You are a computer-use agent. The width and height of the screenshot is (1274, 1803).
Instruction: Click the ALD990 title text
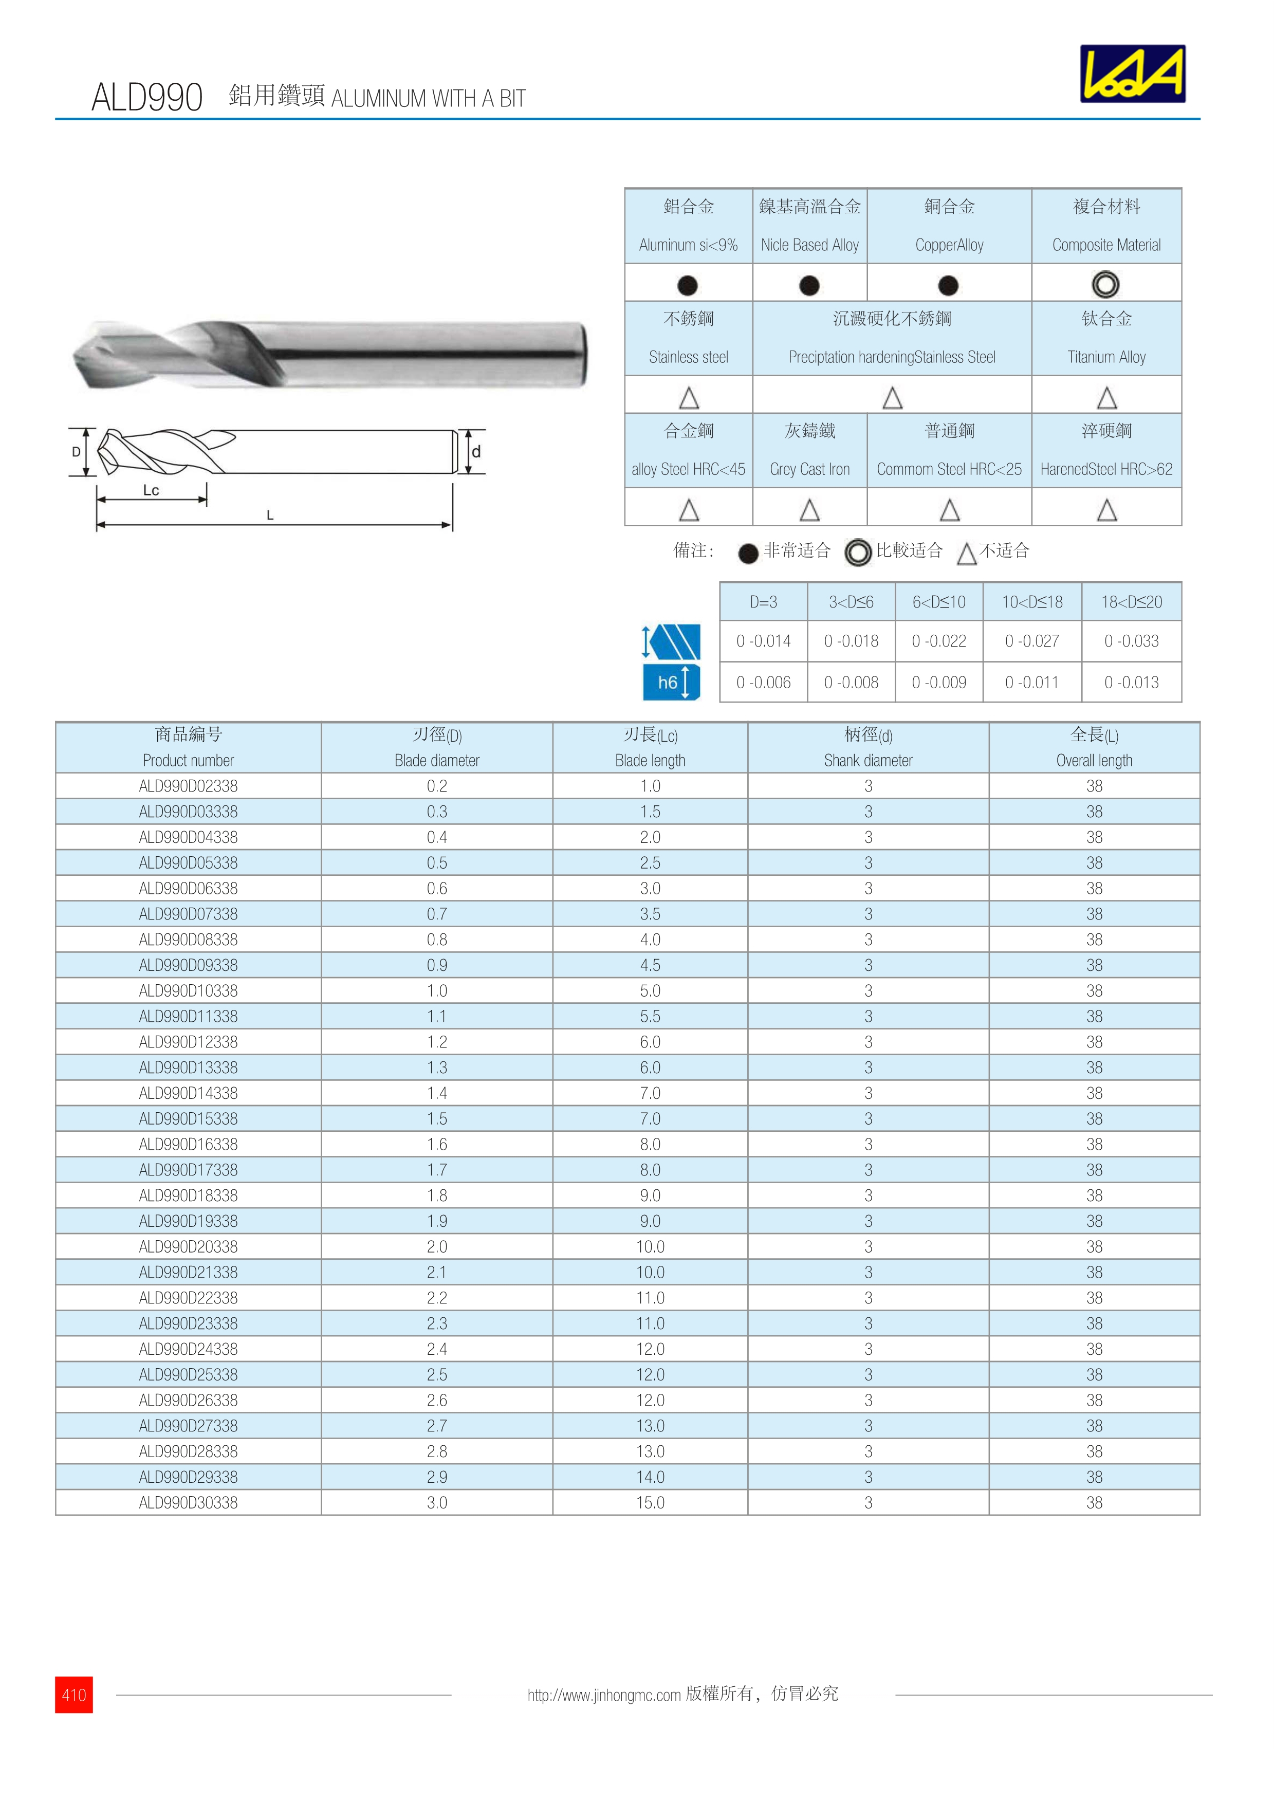pos(147,97)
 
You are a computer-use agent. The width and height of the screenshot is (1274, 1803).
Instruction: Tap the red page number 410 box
pos(74,1695)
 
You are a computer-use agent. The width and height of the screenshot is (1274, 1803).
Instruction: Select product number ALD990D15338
pos(189,1118)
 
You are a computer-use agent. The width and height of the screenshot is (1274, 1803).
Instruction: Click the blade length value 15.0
pos(650,1502)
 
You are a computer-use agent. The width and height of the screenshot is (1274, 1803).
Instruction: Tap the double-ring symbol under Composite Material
pos(1105,284)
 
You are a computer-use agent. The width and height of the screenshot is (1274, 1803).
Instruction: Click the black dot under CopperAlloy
pos(948,285)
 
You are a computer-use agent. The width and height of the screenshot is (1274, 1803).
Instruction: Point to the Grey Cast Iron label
pos(809,469)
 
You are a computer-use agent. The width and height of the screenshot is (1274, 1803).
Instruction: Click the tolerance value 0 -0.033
pos(1131,641)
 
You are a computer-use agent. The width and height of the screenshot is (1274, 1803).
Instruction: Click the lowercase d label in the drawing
pos(476,452)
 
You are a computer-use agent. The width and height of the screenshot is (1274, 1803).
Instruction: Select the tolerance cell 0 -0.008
pos(851,683)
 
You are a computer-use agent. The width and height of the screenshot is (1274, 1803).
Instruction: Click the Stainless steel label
pos(689,357)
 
